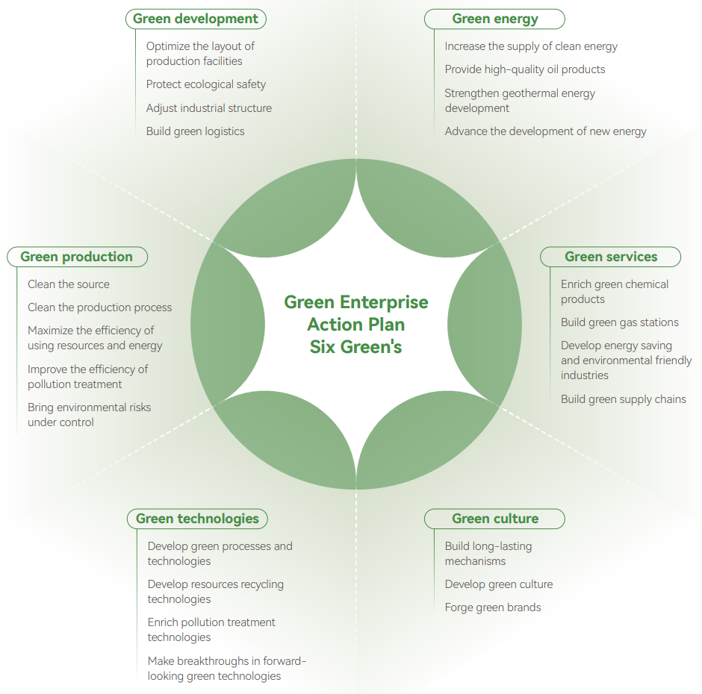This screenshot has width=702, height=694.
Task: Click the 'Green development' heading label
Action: pyautogui.click(x=196, y=19)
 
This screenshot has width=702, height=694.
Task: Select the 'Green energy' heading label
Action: pyautogui.click(x=494, y=19)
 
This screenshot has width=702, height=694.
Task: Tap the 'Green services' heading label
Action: pyautogui.click(x=610, y=257)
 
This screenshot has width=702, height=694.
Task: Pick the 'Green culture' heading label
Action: pyautogui.click(x=494, y=519)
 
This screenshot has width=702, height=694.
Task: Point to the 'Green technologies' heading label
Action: pyautogui.click(x=197, y=519)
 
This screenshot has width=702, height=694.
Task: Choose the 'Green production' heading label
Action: pyautogui.click(x=76, y=257)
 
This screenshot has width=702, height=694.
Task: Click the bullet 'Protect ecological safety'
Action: pyautogui.click(x=206, y=84)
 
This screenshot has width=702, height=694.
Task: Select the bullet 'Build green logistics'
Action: pyautogui.click(x=196, y=131)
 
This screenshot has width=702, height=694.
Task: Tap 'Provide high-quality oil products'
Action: pyautogui.click(x=525, y=69)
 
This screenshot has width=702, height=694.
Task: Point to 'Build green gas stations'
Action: pyautogui.click(x=620, y=322)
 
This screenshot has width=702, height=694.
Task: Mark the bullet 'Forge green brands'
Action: pyautogui.click(x=493, y=607)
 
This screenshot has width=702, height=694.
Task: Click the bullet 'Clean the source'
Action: pyautogui.click(x=69, y=284)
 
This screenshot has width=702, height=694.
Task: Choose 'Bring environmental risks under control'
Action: pyautogui.click(x=90, y=415)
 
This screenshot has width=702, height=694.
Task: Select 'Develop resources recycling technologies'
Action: pyautogui.click(x=216, y=592)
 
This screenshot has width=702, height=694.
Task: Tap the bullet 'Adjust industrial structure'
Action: pyautogui.click(x=209, y=108)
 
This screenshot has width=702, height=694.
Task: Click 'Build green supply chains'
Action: pyautogui.click(x=624, y=399)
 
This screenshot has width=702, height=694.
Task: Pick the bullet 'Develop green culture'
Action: pyautogui.click(x=499, y=584)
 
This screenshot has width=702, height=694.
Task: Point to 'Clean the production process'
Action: pyautogui.click(x=100, y=307)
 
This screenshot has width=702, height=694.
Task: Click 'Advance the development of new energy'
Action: pyautogui.click(x=546, y=131)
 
